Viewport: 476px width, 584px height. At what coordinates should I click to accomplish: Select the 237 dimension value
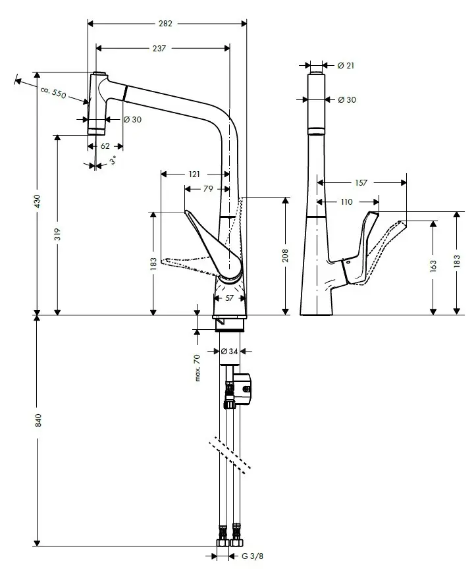[159, 48]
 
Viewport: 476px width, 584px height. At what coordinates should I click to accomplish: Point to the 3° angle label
[113, 160]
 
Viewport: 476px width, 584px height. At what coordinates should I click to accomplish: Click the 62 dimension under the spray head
[105, 146]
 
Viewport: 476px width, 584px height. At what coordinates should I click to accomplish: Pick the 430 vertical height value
[38, 201]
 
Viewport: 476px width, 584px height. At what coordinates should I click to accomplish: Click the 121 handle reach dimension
[194, 174]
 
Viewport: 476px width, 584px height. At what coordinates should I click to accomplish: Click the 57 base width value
[230, 298]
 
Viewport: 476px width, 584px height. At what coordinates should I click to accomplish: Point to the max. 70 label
[197, 367]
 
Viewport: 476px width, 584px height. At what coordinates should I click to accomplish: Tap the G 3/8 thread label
[251, 556]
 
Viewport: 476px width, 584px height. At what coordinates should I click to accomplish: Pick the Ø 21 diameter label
[346, 65]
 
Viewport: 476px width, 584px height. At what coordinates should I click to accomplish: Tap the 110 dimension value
[346, 201]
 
